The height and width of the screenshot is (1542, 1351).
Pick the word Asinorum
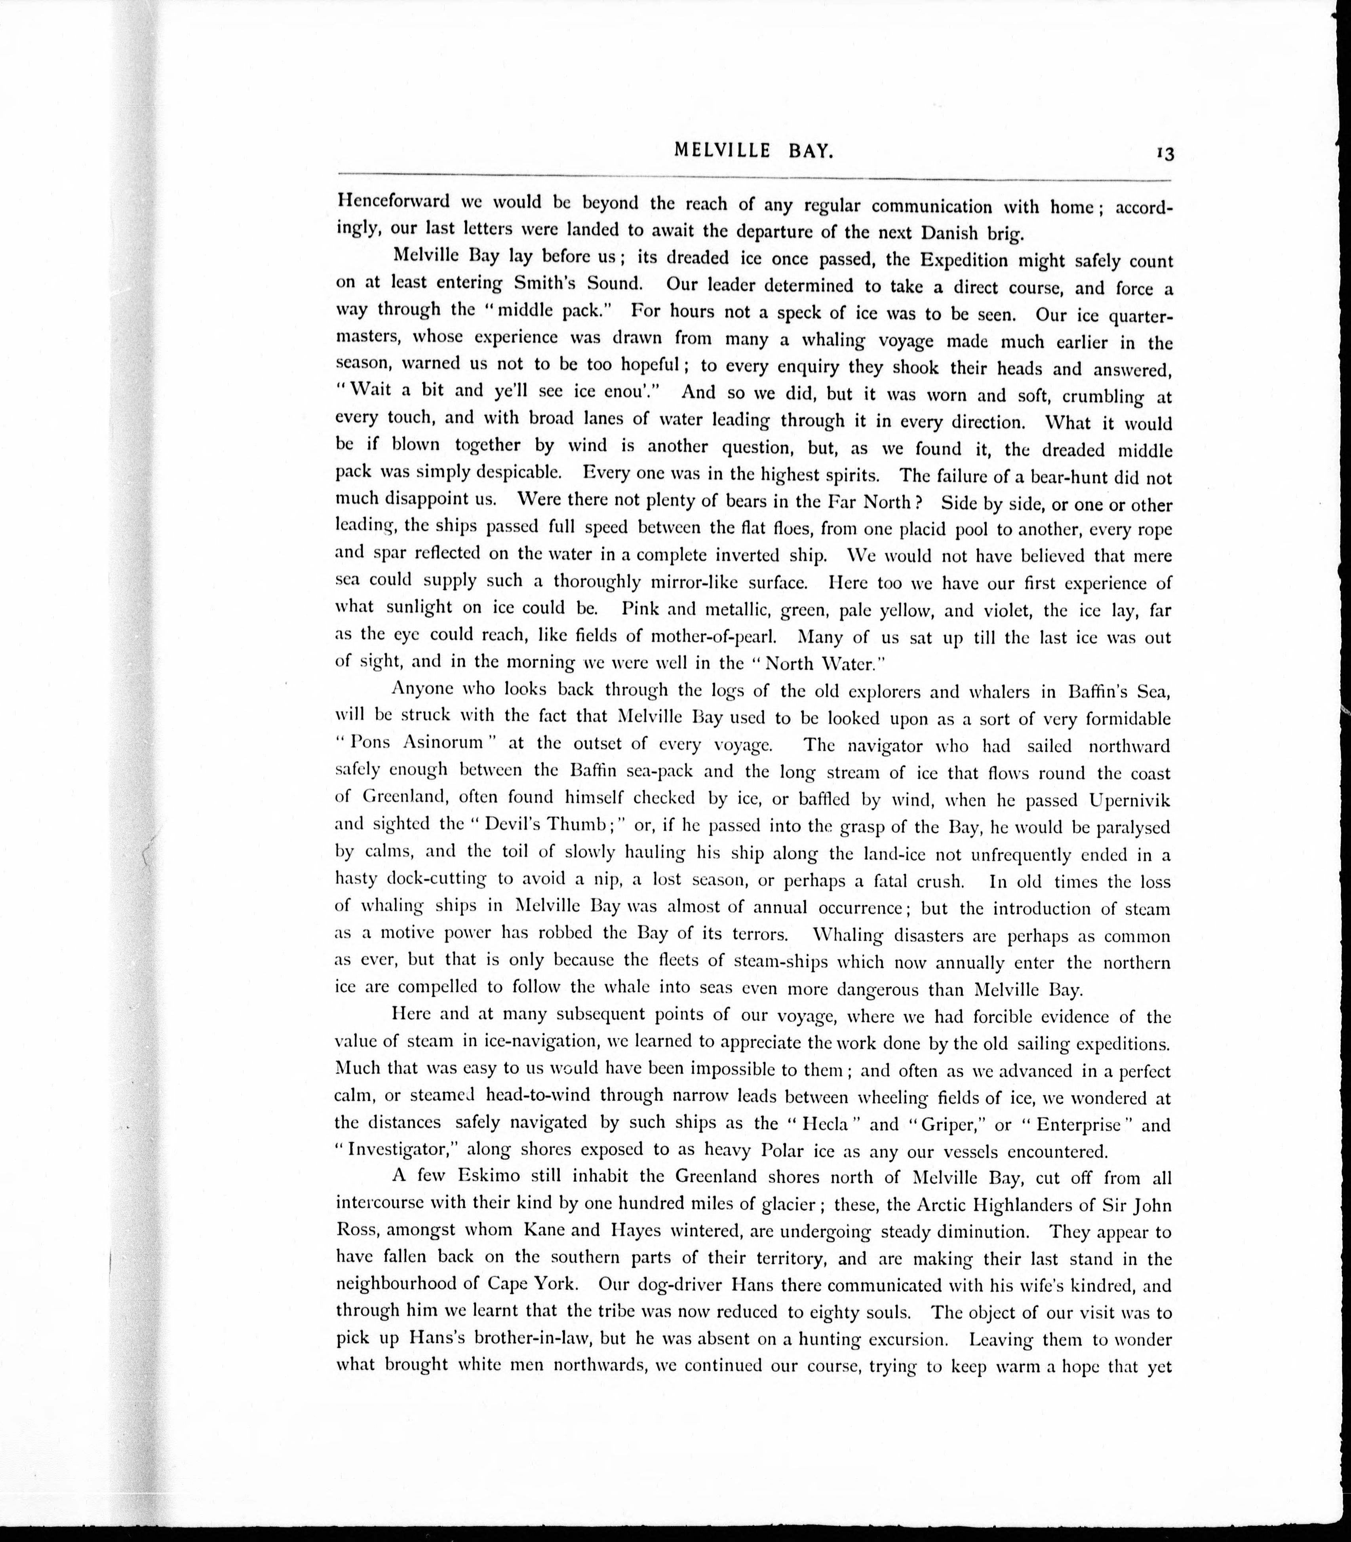pos(442,743)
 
